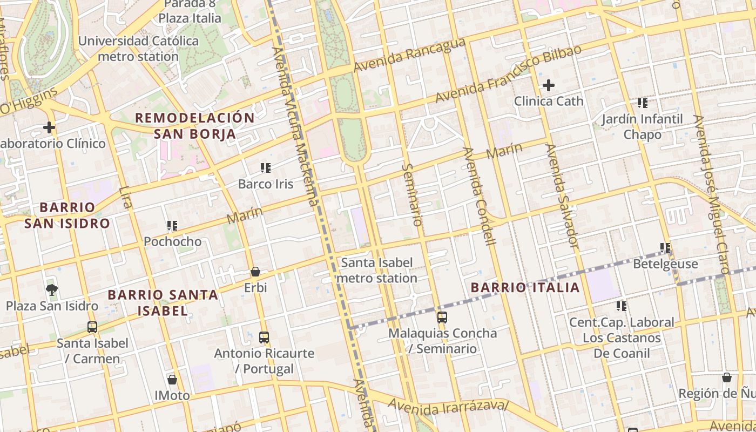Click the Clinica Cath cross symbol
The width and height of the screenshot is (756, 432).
[548, 85]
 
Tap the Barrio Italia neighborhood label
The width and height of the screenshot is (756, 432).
[525, 287]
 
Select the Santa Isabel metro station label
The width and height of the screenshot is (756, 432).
[377, 271]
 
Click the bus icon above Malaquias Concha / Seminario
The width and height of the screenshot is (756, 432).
[442, 318]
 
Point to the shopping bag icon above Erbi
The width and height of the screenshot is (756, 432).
[255, 272]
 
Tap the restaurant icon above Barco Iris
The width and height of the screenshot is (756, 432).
[265, 168]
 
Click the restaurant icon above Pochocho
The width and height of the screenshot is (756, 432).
[172, 226]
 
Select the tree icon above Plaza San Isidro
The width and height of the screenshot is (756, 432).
[52, 291]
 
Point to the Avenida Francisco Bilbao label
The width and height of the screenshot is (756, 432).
[508, 73]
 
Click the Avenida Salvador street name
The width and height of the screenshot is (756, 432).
[562, 197]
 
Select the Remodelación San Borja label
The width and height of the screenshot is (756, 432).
[194, 126]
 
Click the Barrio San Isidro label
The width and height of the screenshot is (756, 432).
[67, 215]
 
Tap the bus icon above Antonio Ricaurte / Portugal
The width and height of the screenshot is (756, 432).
[264, 337]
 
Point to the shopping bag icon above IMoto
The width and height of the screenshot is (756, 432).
[172, 380]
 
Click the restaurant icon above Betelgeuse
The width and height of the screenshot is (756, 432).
[665, 248]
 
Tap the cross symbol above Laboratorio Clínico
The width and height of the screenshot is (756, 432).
[49, 127]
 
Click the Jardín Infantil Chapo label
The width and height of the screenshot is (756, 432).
[642, 126]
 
